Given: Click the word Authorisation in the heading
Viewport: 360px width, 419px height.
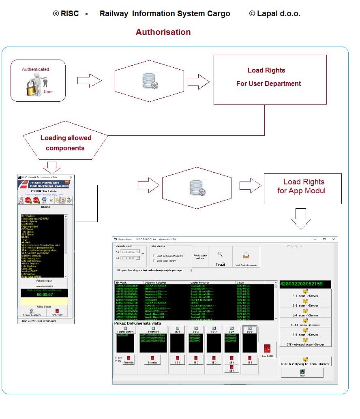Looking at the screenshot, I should tap(163, 32).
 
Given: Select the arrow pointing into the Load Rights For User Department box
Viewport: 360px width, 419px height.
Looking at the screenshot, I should tap(198, 81).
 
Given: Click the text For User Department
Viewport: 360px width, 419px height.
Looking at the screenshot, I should tap(268, 84).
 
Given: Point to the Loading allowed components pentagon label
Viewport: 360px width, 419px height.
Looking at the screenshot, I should tap(66, 143).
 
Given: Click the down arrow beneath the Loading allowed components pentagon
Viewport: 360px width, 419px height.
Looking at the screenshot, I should tap(51, 167).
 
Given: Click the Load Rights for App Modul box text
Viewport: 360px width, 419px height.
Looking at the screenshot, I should tap(302, 186).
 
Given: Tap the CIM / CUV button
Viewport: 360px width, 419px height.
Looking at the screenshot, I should tap(57, 312).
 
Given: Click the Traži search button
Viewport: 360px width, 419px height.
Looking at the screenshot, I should tap(220, 258).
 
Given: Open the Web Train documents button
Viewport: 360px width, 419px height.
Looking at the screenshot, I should tap(246, 258).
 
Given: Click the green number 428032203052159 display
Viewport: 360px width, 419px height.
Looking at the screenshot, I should tap(305, 284).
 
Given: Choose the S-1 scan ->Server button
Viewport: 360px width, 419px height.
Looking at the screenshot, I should tap(305, 293).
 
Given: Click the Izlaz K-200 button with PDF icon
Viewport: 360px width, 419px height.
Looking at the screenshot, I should tap(268, 351).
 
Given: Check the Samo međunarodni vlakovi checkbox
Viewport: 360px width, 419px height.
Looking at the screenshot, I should tap(154, 256).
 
